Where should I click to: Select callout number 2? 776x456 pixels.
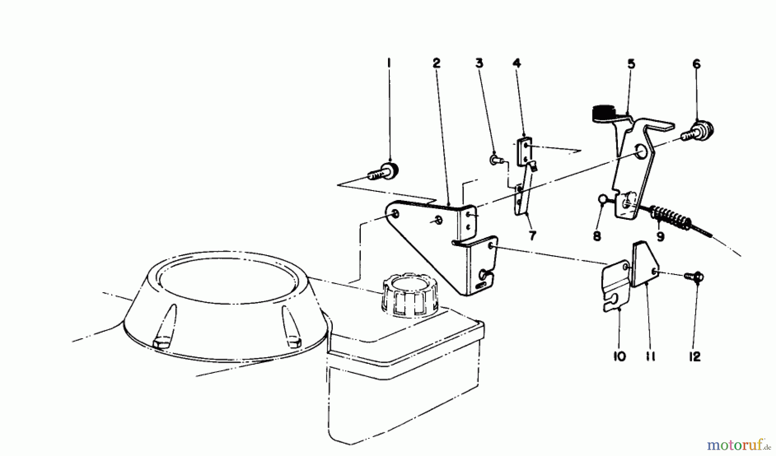point(436,63)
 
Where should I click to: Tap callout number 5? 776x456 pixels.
point(631,65)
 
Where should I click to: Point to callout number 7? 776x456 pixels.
point(532,236)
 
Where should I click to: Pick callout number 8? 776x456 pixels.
point(597,236)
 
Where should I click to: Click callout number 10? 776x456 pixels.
point(619,357)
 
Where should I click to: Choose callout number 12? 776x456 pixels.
point(695,357)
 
